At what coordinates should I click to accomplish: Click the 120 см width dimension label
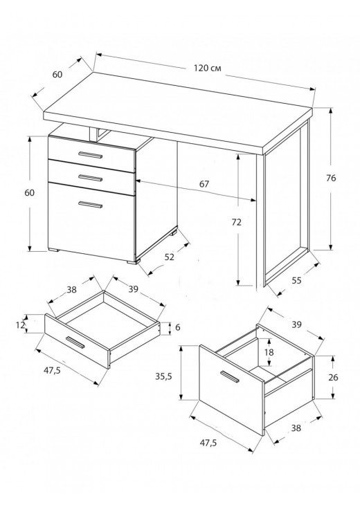208,68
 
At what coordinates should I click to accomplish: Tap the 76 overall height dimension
331,178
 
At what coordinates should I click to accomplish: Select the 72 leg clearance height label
236,222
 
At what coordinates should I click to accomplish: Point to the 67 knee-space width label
204,184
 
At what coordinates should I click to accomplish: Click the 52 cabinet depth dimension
169,257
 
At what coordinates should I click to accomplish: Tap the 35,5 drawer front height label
163,376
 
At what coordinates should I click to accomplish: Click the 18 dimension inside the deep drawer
269,352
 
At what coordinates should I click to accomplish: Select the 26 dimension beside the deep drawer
333,377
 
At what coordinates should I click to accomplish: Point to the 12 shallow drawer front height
20,325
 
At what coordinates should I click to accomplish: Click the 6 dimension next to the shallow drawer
178,327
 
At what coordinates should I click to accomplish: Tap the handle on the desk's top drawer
90,155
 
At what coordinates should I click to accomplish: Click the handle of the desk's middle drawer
90,178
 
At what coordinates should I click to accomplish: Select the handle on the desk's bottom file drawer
90,205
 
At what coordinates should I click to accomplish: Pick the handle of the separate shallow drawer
75,342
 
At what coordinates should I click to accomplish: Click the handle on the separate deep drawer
229,377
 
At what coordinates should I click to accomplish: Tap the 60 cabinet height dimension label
29,192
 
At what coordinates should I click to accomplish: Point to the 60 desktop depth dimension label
57,75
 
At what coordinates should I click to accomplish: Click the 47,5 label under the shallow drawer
53,370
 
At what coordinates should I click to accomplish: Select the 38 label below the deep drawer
296,428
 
